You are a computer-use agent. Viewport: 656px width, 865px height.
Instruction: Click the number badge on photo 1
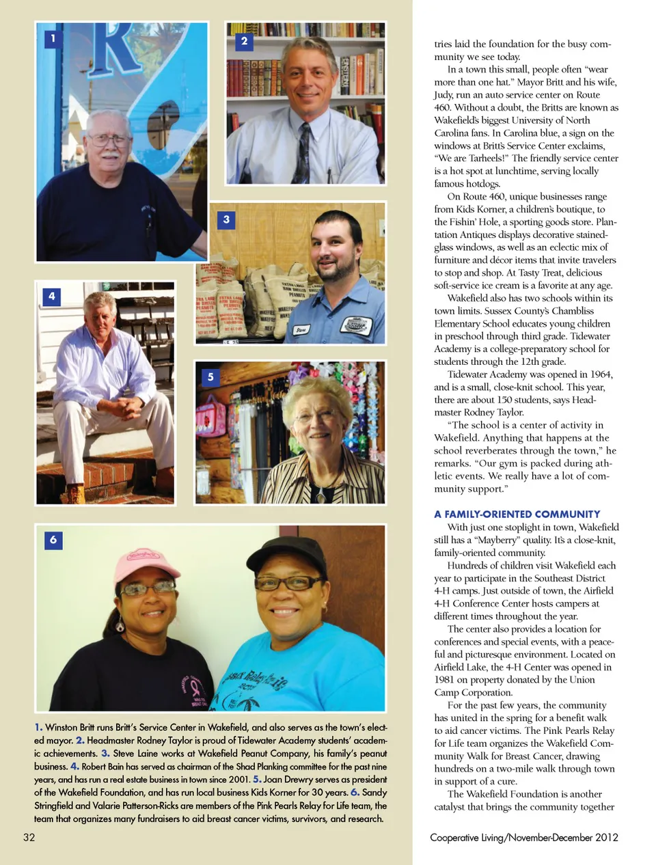(x=53, y=38)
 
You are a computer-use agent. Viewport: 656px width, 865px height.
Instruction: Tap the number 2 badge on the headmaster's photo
(x=244, y=41)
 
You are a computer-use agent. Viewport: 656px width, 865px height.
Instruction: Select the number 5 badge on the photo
(x=210, y=376)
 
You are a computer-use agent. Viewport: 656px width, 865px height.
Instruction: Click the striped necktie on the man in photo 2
(x=304, y=152)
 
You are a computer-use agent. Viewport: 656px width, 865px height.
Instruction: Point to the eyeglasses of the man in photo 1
(x=109, y=140)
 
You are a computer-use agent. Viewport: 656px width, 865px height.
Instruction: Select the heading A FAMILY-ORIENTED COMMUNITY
(x=517, y=514)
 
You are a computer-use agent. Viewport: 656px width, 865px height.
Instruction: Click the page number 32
(x=29, y=837)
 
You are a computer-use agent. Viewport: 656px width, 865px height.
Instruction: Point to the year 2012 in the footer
(x=606, y=837)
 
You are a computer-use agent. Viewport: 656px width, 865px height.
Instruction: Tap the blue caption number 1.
(x=38, y=727)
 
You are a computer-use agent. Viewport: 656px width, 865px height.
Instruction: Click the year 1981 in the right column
(x=444, y=680)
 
